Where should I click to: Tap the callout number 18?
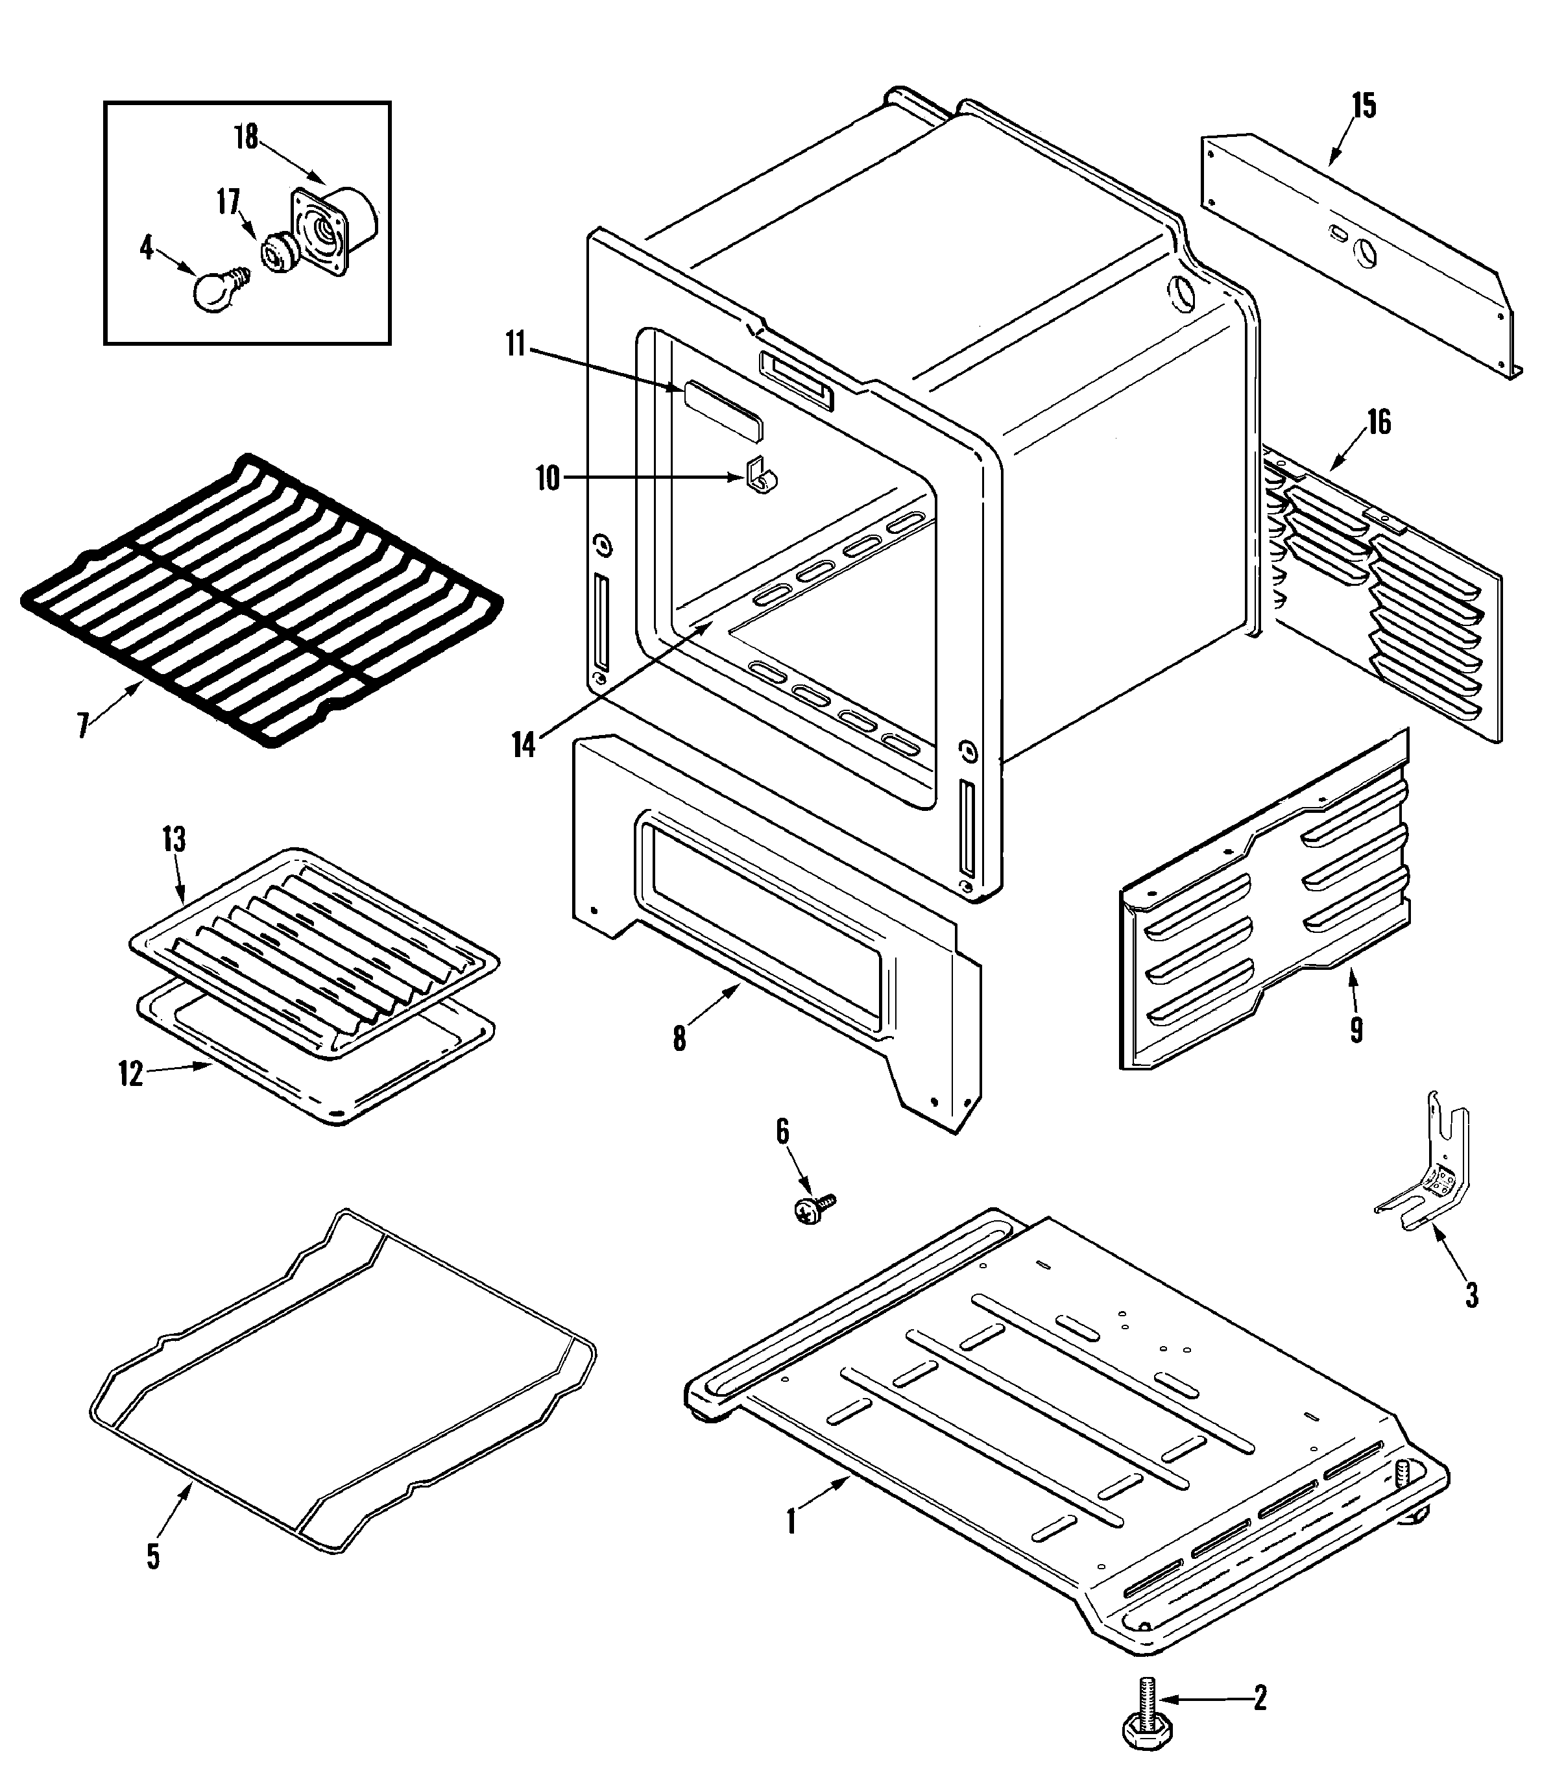click(x=247, y=136)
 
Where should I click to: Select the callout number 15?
click(x=1363, y=106)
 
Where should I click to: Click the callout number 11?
click(x=516, y=345)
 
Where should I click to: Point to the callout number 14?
click(x=524, y=745)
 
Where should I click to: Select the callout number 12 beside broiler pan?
click(x=131, y=1074)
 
